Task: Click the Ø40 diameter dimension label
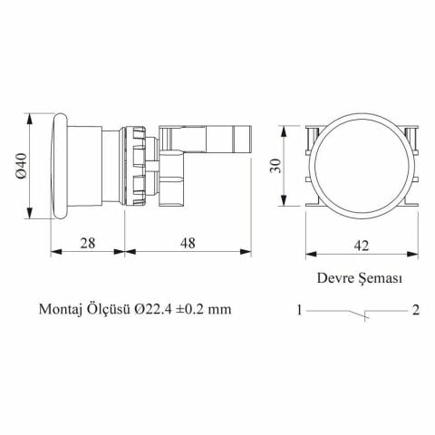(22, 166)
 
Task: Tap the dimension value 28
(88, 243)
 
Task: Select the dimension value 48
(188, 243)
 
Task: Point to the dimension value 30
(275, 166)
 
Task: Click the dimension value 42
(362, 246)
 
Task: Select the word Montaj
(61, 309)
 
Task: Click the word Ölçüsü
(109, 309)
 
